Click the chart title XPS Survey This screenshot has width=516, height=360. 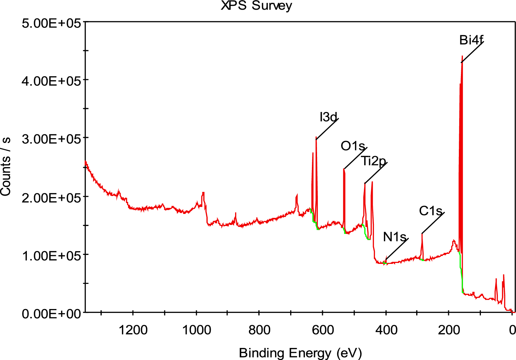click(x=256, y=6)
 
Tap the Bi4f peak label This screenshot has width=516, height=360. click(x=471, y=40)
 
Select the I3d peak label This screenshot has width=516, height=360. click(x=328, y=117)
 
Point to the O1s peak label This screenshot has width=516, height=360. click(x=352, y=146)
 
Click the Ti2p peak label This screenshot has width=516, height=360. click(x=373, y=161)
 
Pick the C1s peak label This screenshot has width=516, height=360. click(x=430, y=211)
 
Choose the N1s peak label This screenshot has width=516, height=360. click(x=394, y=237)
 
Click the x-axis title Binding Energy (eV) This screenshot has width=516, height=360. click(x=300, y=353)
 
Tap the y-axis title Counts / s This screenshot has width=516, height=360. click(x=6, y=167)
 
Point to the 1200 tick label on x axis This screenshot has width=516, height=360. click(x=133, y=330)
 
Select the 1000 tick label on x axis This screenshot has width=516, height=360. click(x=196, y=330)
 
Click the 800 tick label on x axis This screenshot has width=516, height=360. click(x=259, y=330)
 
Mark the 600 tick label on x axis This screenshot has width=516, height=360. click(x=323, y=330)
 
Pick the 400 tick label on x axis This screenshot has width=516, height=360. click(x=386, y=330)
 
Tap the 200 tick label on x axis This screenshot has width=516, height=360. click(x=449, y=330)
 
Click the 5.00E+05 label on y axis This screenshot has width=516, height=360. click(x=51, y=23)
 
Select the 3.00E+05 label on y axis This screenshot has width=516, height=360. click(x=51, y=139)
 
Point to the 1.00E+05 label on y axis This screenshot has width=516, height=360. click(x=51, y=256)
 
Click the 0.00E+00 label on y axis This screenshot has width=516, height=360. click(x=51, y=314)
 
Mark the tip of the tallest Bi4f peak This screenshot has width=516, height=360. click(x=462, y=56)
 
